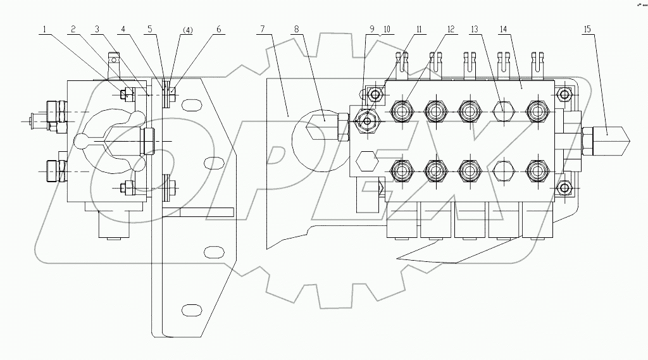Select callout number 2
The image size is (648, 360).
point(74,29)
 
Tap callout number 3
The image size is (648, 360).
point(97,29)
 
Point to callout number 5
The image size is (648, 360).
point(149,29)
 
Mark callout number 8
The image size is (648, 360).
point(296,29)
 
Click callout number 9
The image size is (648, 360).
point(372,29)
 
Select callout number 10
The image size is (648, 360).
point(387,29)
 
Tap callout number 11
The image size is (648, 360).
point(418,29)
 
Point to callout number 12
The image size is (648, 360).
point(450,29)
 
